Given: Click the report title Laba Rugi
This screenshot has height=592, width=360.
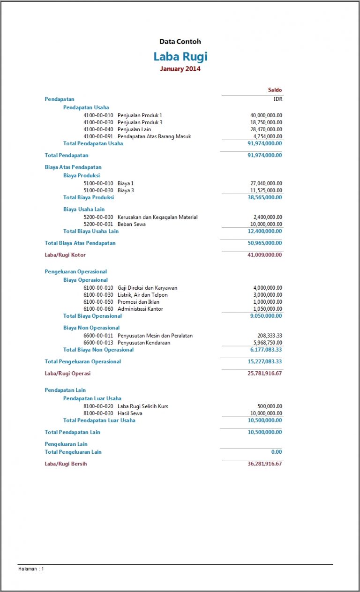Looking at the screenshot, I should [180, 57].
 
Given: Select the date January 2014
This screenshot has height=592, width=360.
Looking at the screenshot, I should [180, 69].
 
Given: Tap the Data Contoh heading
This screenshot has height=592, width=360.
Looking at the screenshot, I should [180, 42].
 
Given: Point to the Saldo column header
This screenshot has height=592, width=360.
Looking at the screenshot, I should [275, 90].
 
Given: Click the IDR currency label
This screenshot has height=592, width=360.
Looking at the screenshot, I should [278, 99].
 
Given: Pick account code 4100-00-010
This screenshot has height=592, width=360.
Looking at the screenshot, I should [98, 115].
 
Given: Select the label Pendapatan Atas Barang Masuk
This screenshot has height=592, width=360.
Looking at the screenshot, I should [154, 136].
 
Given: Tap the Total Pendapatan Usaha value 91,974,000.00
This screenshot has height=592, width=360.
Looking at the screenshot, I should [265, 143].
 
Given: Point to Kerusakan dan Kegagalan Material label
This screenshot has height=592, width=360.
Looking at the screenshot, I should [157, 217].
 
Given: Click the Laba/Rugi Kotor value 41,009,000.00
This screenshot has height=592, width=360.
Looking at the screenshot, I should [265, 255].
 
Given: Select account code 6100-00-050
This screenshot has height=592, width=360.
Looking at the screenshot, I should [98, 302].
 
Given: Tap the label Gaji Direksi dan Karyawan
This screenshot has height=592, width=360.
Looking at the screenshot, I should [147, 288].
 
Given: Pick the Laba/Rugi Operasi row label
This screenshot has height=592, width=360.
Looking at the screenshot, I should [67, 374].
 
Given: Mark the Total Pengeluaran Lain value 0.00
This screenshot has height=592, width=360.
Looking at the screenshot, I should [277, 452].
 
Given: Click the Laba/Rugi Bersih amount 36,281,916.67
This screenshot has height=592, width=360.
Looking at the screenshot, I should [265, 464].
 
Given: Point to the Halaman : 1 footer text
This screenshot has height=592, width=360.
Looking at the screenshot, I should [31, 569].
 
